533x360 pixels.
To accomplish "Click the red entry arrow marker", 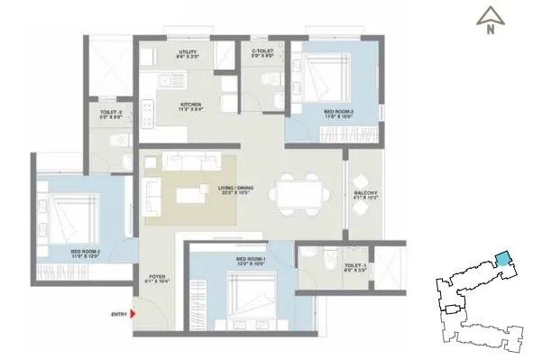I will click(133, 313).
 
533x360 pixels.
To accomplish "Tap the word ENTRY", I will click(117, 313).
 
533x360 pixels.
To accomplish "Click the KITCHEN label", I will click(190, 106).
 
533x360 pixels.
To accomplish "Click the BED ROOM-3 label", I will click(339, 113).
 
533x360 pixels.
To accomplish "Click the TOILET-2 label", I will click(112, 113).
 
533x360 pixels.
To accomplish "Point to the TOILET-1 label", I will click(354, 265).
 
